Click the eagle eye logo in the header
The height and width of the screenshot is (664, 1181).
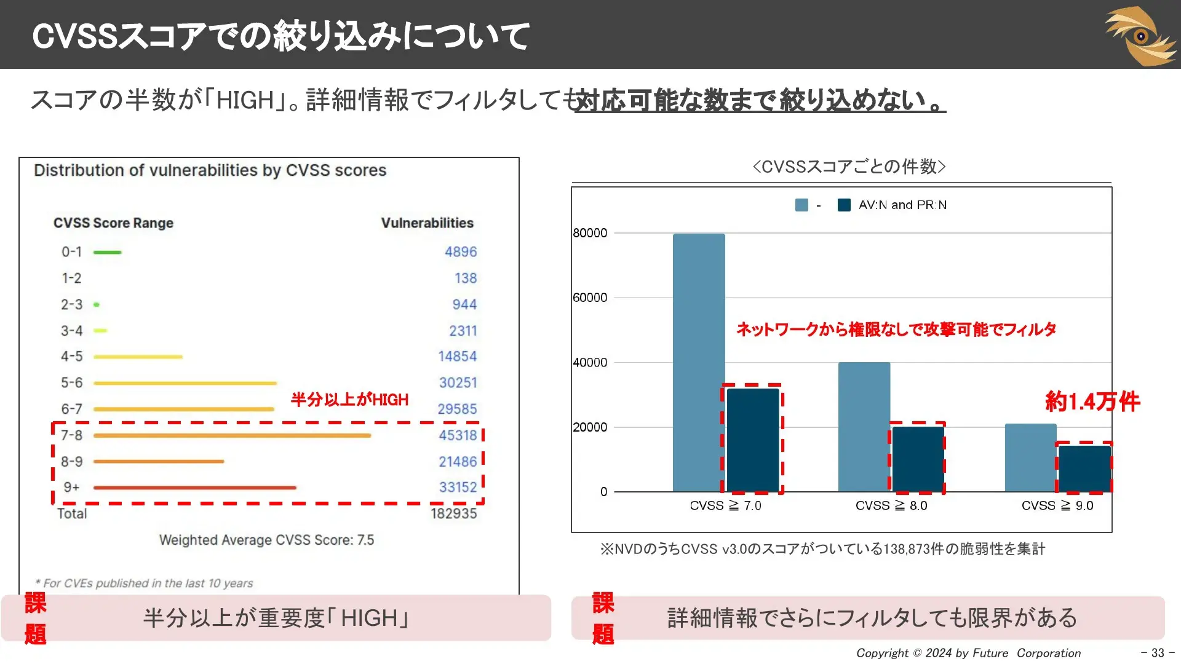pyautogui.click(x=1141, y=36)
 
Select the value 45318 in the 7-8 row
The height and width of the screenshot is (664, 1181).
pyautogui.click(x=458, y=435)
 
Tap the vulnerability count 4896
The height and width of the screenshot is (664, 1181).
pyautogui.click(x=461, y=251)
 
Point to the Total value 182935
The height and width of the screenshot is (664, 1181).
pyautogui.click(x=453, y=513)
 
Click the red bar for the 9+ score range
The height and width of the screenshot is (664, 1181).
pyautogui.click(x=195, y=488)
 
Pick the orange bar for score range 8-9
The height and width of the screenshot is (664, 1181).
pyautogui.click(x=159, y=461)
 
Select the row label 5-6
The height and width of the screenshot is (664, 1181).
pyautogui.click(x=71, y=382)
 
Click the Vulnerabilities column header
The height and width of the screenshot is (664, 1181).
pyautogui.click(x=427, y=223)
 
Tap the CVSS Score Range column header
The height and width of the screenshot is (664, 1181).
pyautogui.click(x=113, y=223)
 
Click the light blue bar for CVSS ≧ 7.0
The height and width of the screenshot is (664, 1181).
pyautogui.click(x=699, y=363)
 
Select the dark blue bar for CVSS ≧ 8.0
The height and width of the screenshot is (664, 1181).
pyautogui.click(x=918, y=459)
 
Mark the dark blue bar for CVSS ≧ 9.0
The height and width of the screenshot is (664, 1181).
pyautogui.click(x=1084, y=468)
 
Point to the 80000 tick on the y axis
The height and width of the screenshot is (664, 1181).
pyautogui.click(x=590, y=233)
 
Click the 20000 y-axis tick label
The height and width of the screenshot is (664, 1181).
pyautogui.click(x=590, y=427)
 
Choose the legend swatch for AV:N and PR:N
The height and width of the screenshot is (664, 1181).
pyautogui.click(x=844, y=205)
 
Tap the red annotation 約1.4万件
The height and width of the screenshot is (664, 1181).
pyautogui.click(x=1092, y=401)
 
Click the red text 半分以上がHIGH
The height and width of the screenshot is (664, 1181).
pyautogui.click(x=349, y=400)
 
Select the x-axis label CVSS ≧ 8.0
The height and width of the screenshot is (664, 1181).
pyautogui.click(x=891, y=505)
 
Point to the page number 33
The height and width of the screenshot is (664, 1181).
pyautogui.click(x=1158, y=653)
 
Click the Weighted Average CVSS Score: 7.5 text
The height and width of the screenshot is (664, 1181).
pyautogui.click(x=266, y=540)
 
